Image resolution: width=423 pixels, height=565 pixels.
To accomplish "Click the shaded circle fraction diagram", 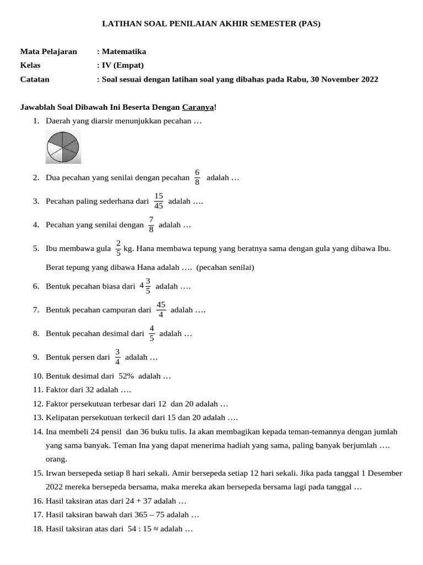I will (63, 147).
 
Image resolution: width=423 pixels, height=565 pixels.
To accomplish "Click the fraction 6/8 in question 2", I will (197, 178).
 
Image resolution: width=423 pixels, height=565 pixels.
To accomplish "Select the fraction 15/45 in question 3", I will (159, 201).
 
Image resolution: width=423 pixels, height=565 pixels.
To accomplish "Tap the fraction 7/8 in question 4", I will (151, 225).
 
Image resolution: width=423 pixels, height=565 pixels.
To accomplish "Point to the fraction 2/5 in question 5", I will (118, 248).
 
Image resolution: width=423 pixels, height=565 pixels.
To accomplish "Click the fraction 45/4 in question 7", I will (161, 310).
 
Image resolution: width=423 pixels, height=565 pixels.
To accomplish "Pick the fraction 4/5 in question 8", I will (151, 333).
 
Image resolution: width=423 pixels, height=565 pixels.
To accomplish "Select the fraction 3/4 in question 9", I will (117, 357).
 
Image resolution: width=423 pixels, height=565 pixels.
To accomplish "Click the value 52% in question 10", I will (126, 376).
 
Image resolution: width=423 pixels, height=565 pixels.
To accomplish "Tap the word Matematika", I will (123, 51).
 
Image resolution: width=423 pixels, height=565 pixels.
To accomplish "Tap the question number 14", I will (37, 431).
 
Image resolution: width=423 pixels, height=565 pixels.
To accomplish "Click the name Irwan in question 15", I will (56, 473).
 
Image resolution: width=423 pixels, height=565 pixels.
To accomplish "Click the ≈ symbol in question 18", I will (155, 529).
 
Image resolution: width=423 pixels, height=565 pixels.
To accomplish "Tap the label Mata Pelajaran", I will (48, 51).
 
